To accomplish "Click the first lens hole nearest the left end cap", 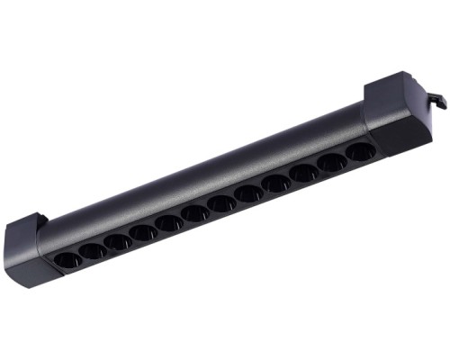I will point(68,260).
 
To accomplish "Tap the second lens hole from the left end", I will point(92,250).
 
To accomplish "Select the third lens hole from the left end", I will point(117,241).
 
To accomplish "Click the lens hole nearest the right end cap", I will point(359,153).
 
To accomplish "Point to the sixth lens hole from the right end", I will point(221,202).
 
